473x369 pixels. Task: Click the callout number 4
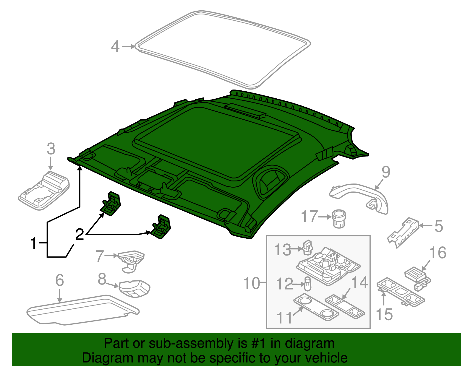coord(115,47)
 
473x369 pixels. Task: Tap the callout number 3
coord(51,149)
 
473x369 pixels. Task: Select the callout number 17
coord(309,217)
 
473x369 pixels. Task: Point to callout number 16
coord(438,253)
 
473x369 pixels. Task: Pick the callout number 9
coord(386,172)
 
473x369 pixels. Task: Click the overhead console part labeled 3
coord(44,191)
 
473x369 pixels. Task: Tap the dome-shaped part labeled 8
coord(135,288)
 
